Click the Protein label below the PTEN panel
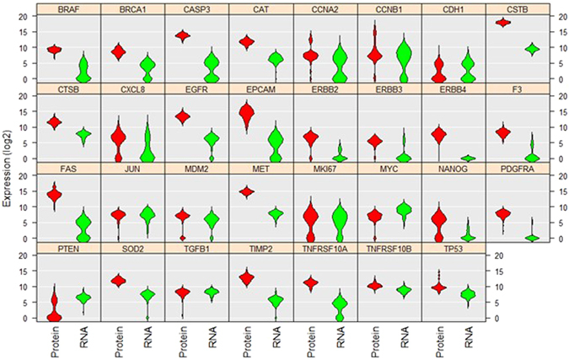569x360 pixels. (x=56, y=341)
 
